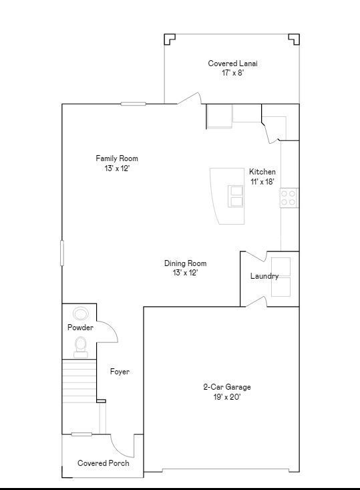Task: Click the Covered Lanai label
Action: (x=232, y=64)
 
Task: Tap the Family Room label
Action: (x=117, y=158)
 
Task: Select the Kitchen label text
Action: (x=262, y=172)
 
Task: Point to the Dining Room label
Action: (x=185, y=263)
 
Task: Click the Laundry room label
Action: (x=264, y=276)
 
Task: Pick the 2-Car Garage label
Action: (x=227, y=387)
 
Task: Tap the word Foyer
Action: (x=120, y=372)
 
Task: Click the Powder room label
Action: (x=80, y=328)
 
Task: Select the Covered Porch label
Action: (x=104, y=463)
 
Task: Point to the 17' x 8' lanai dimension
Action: (x=232, y=73)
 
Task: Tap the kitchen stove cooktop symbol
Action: (x=289, y=197)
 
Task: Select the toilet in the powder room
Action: (x=81, y=346)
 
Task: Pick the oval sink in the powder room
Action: (x=81, y=314)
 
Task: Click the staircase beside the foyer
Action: (x=80, y=381)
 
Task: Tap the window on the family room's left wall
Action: (x=63, y=253)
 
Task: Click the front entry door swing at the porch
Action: (x=122, y=445)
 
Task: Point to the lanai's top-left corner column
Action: (x=170, y=39)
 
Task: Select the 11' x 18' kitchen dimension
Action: (x=262, y=182)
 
